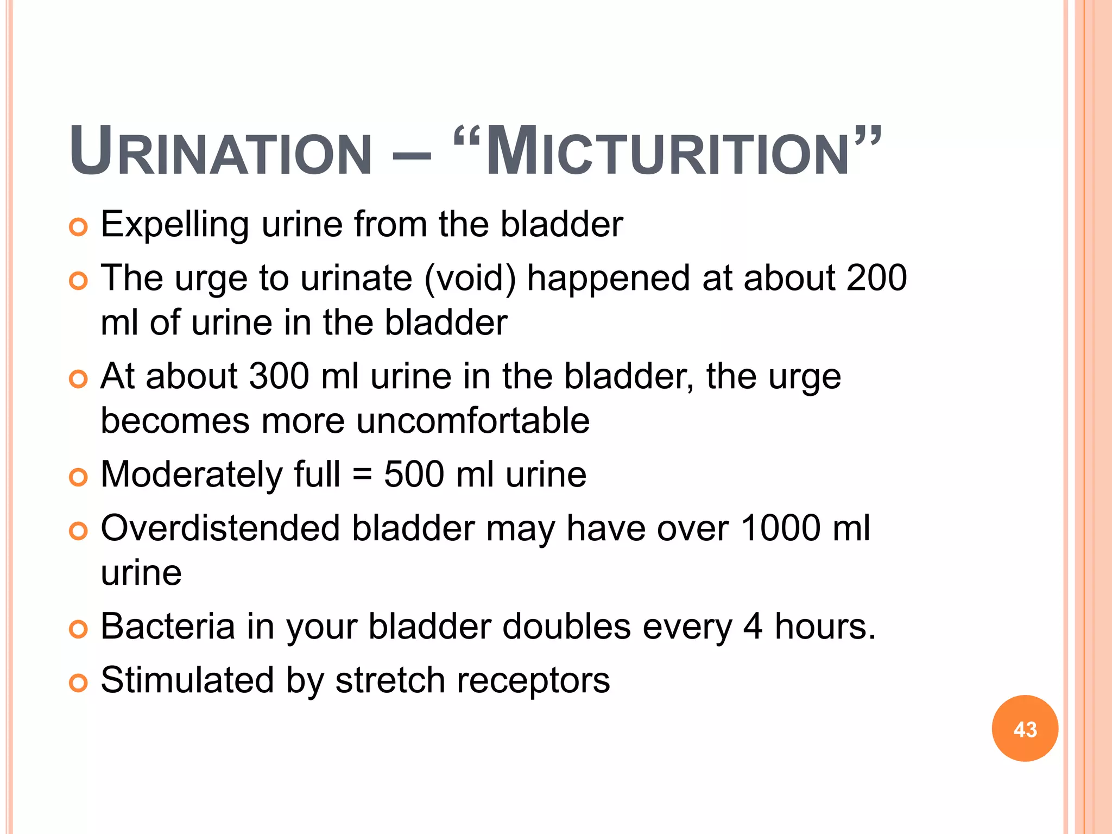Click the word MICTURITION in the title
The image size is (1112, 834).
(x=667, y=153)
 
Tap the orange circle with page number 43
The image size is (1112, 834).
(x=1025, y=729)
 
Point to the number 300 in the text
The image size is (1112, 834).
(x=279, y=376)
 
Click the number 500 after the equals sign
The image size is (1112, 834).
(x=414, y=475)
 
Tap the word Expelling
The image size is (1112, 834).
(x=175, y=225)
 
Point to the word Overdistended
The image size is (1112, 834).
(x=220, y=528)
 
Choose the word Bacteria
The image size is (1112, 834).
(x=168, y=626)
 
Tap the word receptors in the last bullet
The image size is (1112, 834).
(x=533, y=681)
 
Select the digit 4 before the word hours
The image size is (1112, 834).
(x=753, y=626)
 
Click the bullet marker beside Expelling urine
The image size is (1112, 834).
(x=78, y=227)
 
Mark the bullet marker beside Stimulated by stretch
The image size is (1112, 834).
(x=78, y=683)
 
